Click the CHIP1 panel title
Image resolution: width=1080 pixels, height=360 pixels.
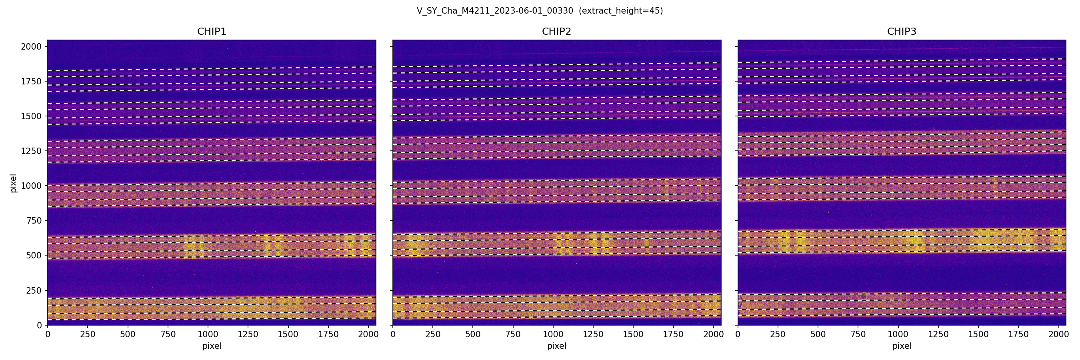[212, 32]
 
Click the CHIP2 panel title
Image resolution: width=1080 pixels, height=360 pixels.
[556, 32]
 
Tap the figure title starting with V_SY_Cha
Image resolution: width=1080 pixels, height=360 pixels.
[495, 11]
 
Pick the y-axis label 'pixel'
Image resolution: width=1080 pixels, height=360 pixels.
[14, 183]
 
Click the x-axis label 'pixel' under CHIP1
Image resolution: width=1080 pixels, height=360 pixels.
[212, 346]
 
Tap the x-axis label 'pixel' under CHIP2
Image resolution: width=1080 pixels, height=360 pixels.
[556, 346]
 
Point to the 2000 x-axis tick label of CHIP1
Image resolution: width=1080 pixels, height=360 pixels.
[368, 334]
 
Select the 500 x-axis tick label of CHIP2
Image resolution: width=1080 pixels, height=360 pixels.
[473, 334]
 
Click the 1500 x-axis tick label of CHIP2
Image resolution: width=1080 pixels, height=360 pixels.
[633, 334]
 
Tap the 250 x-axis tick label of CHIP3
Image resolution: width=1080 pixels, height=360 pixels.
[778, 334]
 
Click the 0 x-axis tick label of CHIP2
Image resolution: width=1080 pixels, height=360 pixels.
[393, 334]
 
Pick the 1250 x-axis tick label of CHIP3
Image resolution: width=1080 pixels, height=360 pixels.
[938, 334]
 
